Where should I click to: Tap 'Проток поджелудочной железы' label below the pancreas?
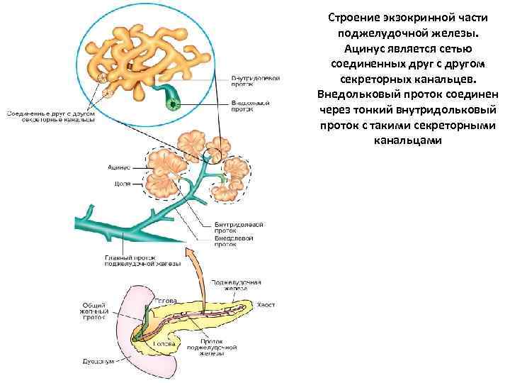(x=205, y=349)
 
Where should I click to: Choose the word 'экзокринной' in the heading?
(x=412, y=16)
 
